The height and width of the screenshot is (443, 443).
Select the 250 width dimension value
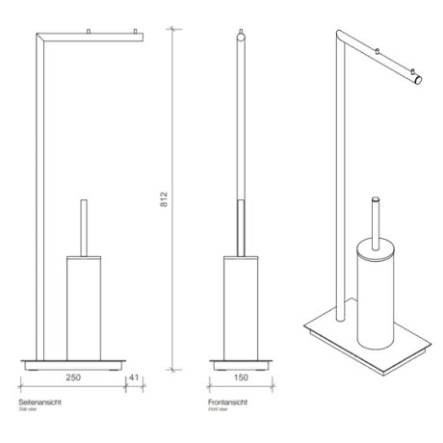72,378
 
